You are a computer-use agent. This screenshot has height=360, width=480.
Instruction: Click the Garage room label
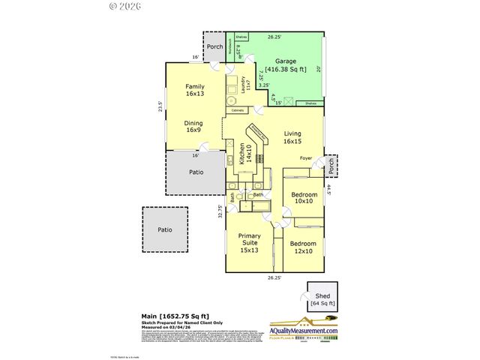tap(285, 61)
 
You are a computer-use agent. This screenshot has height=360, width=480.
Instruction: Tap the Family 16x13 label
tap(194, 91)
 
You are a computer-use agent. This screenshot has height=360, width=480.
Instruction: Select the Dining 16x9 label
tap(193, 125)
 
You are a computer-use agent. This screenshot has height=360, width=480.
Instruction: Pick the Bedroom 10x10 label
tap(304, 198)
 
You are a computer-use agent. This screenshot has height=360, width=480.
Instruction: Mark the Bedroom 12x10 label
tap(303, 247)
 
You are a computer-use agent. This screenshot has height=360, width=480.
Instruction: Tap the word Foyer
tap(306, 158)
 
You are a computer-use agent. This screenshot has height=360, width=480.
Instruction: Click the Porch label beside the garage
tap(214, 44)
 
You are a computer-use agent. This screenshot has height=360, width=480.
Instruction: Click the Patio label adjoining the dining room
tap(196, 172)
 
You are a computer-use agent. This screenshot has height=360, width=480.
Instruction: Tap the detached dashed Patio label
tap(164, 229)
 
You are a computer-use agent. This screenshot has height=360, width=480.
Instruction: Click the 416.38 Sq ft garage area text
tap(285, 69)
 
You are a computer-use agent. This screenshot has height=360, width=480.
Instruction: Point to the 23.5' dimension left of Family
tap(160, 106)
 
